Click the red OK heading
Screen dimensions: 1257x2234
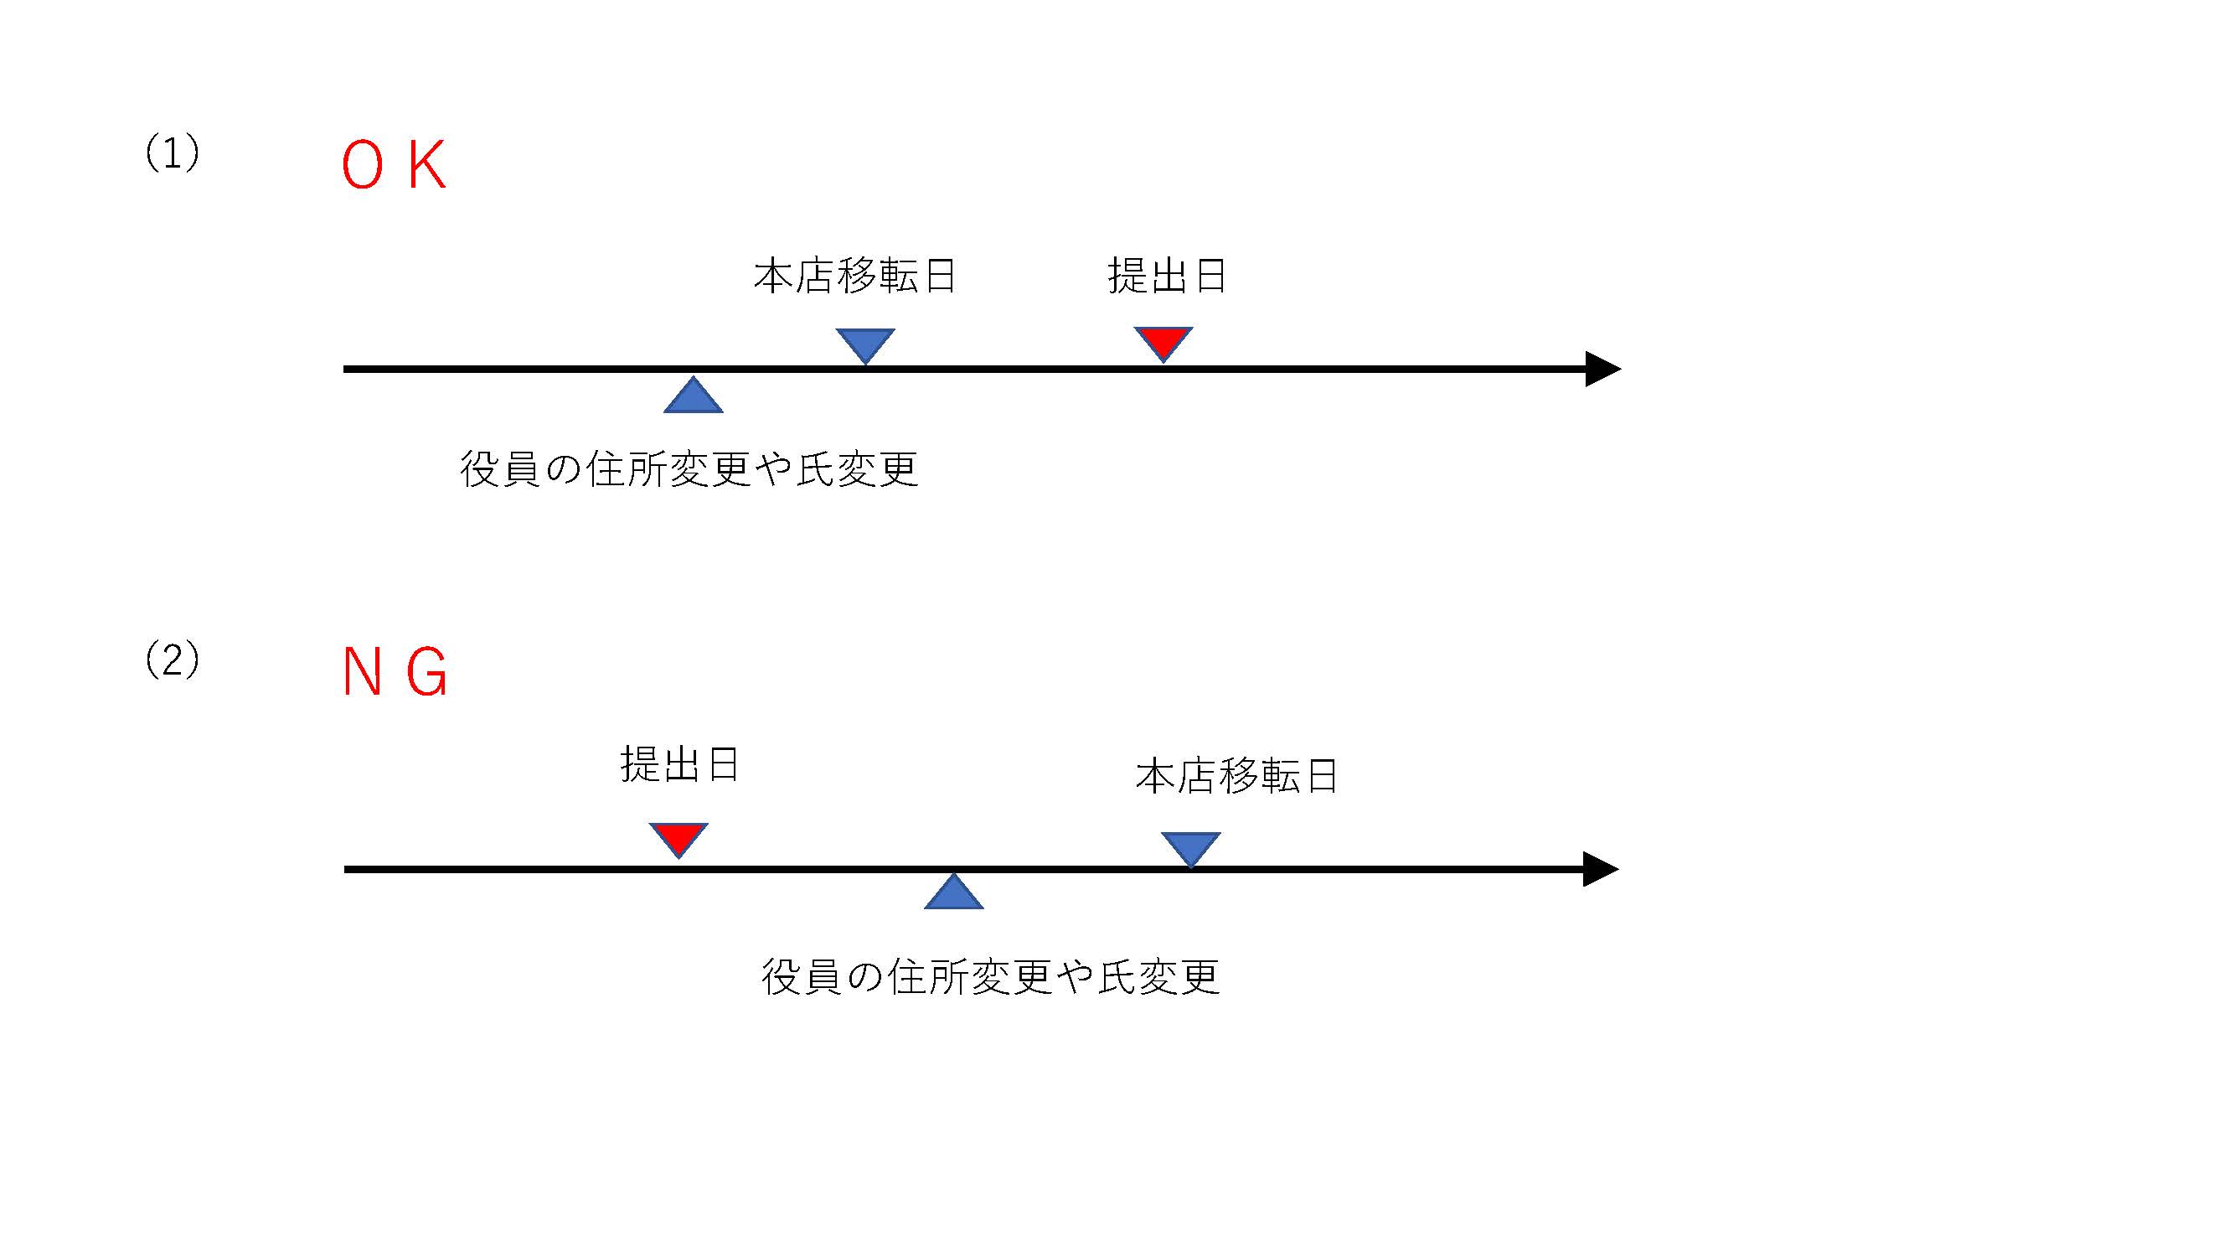[394, 165]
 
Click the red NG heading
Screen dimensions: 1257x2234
[395, 672]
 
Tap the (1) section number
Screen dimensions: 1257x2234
[172, 153]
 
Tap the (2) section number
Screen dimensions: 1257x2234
[172, 660]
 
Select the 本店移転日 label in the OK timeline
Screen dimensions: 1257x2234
[854, 276]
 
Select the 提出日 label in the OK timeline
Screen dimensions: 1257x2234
[1167, 276]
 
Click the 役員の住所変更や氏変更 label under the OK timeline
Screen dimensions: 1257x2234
[689, 469]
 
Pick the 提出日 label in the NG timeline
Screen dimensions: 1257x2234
[679, 764]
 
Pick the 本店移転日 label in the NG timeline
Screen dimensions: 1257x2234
[1236, 775]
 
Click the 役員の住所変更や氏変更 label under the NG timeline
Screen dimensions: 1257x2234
[990, 977]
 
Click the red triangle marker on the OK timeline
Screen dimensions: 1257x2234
[1163, 342]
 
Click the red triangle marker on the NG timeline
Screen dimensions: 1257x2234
[678, 838]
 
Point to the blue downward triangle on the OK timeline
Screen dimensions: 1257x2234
[865, 344]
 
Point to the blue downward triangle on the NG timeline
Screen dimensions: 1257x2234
[1191, 847]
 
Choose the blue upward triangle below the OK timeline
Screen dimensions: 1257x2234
[693, 397]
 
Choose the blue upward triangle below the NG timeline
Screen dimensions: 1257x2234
[953, 893]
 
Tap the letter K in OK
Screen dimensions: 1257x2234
[426, 165]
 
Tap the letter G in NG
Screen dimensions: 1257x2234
[427, 672]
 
